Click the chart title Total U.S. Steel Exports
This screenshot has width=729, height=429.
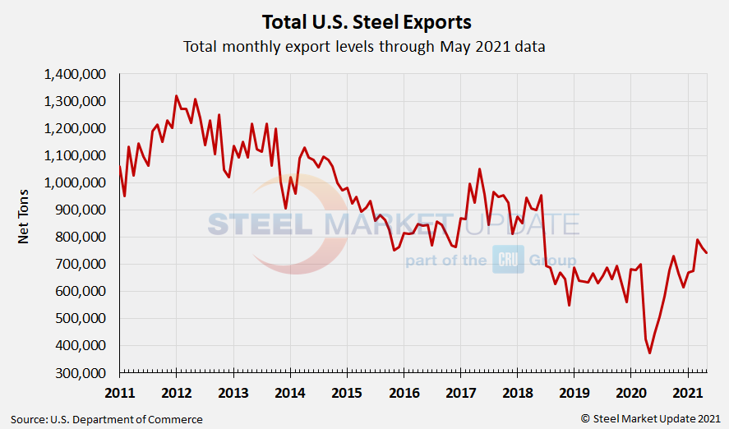[366, 21]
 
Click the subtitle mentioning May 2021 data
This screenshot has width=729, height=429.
[364, 47]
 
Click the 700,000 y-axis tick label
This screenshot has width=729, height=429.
[83, 264]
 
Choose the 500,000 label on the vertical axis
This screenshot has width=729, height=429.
[83, 318]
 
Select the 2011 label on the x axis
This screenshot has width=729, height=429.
[120, 391]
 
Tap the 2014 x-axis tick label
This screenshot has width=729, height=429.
[290, 391]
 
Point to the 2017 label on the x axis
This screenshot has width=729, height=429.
[459, 391]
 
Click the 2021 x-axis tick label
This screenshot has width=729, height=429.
[686, 391]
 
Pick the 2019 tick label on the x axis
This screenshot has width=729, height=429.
[573, 391]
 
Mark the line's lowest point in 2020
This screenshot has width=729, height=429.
[650, 353]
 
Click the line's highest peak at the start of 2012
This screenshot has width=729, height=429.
[177, 96]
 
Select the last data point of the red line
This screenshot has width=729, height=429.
[706, 252]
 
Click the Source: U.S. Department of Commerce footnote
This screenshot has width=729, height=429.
[107, 419]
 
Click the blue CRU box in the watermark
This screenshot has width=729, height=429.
[507, 260]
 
